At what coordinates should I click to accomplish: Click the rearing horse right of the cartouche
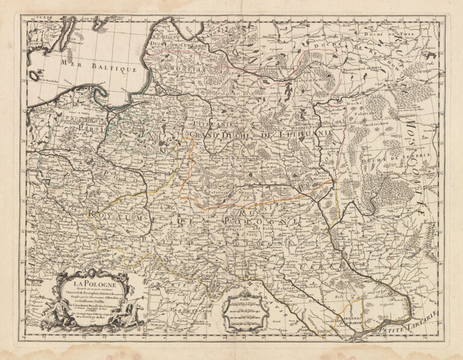coord(137,315)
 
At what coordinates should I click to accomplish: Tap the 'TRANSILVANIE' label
coord(193,312)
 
